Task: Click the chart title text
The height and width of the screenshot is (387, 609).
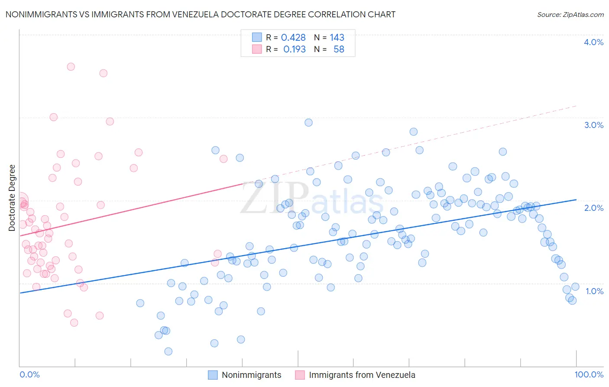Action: tap(200, 14)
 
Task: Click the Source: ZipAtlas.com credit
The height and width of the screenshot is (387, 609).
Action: tap(570, 15)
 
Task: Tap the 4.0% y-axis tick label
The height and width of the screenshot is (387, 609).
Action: tap(593, 42)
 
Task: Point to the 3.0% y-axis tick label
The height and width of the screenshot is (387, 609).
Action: tap(593, 125)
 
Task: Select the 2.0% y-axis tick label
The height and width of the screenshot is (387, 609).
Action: tap(593, 208)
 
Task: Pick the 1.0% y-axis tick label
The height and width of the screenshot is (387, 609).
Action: tap(594, 291)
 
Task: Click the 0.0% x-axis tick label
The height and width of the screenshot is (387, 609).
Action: tap(29, 374)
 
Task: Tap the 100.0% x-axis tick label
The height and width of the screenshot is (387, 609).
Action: tap(589, 374)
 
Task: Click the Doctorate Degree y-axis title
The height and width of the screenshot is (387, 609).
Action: tap(12, 198)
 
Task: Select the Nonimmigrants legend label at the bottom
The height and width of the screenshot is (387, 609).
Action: tap(251, 375)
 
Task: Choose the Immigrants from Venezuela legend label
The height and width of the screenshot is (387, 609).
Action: tap(362, 375)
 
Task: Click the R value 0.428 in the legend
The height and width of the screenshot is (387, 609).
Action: tap(293, 38)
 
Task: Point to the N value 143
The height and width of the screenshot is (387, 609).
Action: tap(337, 38)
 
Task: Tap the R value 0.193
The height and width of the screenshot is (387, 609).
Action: tap(294, 49)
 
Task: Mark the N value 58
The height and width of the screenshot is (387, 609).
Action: tap(339, 49)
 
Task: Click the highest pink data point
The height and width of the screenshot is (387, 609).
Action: tap(71, 67)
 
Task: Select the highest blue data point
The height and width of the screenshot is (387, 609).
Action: tap(308, 122)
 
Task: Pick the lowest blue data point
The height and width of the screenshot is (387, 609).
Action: tap(168, 351)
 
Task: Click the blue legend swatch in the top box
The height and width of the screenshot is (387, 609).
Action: tap(257, 37)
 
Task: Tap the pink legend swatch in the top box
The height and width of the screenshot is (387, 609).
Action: tap(257, 49)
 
